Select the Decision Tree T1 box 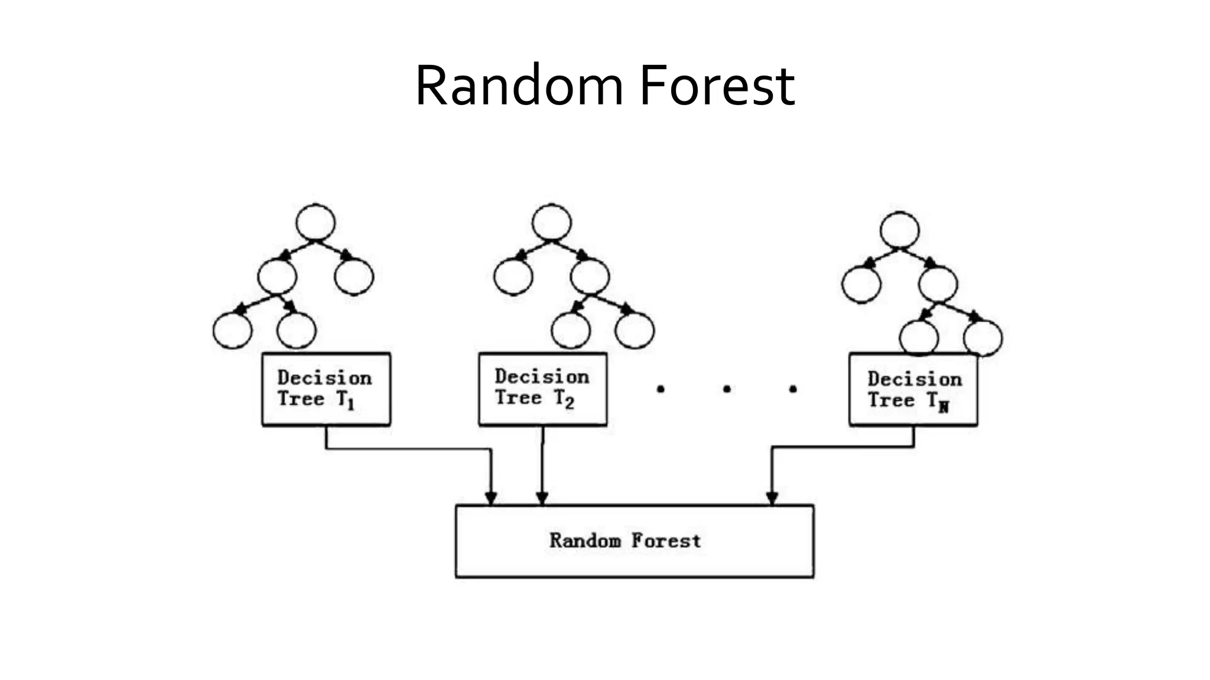[x=326, y=389]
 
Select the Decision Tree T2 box [x=542, y=388]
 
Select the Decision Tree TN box [x=913, y=390]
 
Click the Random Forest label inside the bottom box [x=625, y=541]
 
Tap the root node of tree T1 [x=315, y=223]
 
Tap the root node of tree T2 [x=551, y=223]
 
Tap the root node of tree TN [x=899, y=230]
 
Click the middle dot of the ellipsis [x=727, y=389]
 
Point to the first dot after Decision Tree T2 [x=661, y=389]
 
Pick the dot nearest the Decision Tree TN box [x=793, y=389]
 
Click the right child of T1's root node [x=354, y=276]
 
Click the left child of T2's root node [x=513, y=276]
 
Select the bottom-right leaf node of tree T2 [x=635, y=330]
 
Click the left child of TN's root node [x=861, y=285]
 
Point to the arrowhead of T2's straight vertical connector [x=542, y=498]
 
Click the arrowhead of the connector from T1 [x=490, y=498]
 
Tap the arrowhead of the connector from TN [x=772, y=498]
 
